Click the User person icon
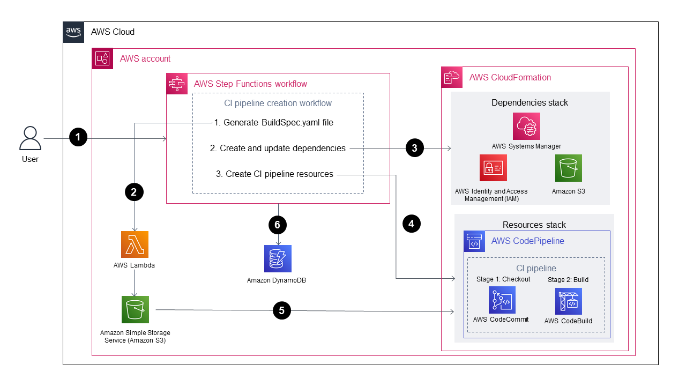pyautogui.click(x=30, y=138)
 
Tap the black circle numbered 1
pyautogui.click(x=78, y=138)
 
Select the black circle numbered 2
pyautogui.click(x=134, y=192)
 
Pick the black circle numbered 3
pyautogui.click(x=414, y=148)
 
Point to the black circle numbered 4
pyautogui.click(x=411, y=224)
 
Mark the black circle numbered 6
pyautogui.click(x=278, y=225)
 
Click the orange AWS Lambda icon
pyautogui.click(x=135, y=244)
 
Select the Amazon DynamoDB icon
pyautogui.click(x=278, y=258)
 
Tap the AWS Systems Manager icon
pyautogui.click(x=526, y=126)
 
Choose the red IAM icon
pyautogui.click(x=493, y=168)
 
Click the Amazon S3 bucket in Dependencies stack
pyautogui.click(x=568, y=168)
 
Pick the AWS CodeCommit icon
pyautogui.click(x=502, y=300)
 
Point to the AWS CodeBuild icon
pyautogui.click(x=569, y=301)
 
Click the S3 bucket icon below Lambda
pyautogui.click(x=135, y=309)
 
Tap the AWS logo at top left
pyautogui.click(x=73, y=32)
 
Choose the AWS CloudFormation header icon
pyautogui.click(x=451, y=77)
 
